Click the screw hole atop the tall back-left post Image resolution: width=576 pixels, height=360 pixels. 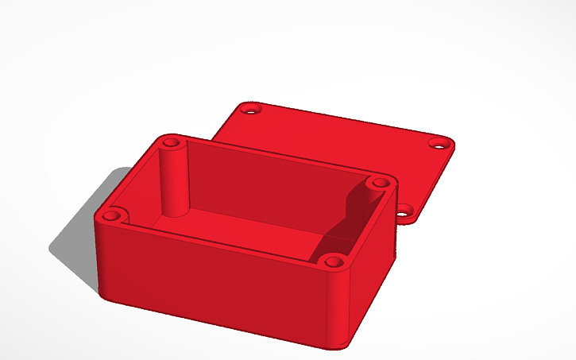pos(172,143)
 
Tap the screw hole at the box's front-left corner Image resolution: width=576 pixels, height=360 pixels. pos(112,215)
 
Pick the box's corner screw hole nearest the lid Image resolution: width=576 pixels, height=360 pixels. pos(377,184)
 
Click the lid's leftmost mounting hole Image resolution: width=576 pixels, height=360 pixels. pos(250,108)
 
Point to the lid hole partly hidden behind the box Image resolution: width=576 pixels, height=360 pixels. pos(405,210)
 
